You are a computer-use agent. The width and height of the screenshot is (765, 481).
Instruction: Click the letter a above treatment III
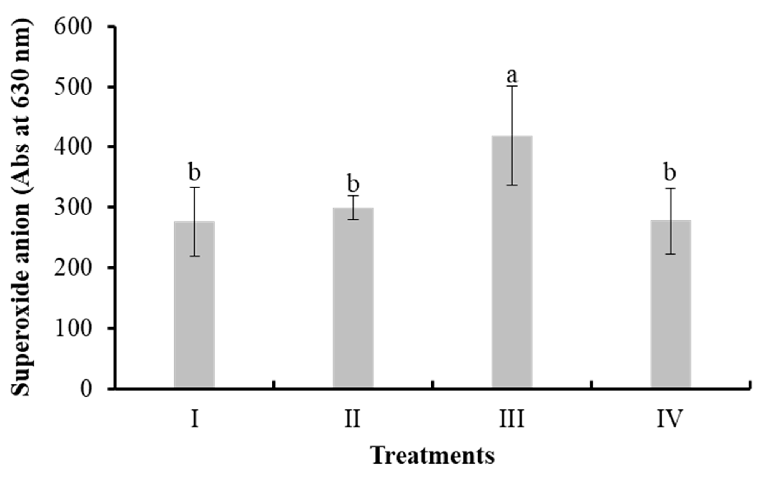click(512, 76)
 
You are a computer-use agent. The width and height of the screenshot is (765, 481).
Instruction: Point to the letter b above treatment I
click(194, 172)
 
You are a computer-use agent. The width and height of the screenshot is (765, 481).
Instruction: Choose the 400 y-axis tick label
click(73, 147)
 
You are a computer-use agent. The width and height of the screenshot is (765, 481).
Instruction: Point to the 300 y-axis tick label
click(73, 208)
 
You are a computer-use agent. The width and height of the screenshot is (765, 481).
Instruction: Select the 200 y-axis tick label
click(73, 268)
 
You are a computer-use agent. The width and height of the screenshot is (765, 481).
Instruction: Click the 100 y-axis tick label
click(73, 328)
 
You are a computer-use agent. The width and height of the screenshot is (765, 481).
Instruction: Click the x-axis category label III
click(512, 419)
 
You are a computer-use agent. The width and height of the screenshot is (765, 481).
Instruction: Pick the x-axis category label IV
click(670, 419)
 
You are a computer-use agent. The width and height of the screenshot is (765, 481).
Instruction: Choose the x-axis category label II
click(353, 419)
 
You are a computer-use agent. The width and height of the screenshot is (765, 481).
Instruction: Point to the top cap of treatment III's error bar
click(512, 86)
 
